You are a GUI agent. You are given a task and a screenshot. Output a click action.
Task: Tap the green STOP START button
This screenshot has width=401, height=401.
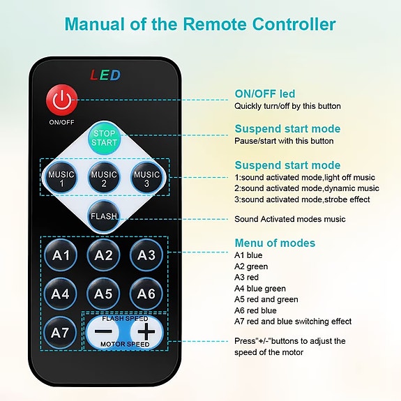[104, 138]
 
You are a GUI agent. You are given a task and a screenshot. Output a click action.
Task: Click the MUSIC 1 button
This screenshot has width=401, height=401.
[61, 179]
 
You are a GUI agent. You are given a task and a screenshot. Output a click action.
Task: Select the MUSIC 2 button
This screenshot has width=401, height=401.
[104, 179]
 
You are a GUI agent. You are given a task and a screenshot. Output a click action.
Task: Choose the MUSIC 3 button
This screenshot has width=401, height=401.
[146, 179]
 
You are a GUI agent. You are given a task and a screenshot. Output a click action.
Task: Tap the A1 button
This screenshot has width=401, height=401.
[61, 255]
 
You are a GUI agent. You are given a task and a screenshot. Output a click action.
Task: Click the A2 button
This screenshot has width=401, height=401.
[104, 255]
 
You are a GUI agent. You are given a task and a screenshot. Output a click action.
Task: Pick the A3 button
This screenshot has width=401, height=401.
[146, 255]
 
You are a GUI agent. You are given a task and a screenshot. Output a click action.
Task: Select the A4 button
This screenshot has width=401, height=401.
[61, 294]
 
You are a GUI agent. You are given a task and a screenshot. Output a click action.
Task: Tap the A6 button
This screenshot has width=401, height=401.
[146, 294]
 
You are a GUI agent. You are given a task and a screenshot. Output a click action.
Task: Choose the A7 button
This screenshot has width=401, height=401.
[61, 333]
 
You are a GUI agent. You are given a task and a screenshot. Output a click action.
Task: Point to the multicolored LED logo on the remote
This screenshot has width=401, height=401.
[105, 75]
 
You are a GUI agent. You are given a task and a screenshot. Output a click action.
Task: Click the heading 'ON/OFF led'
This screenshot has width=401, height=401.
[264, 94]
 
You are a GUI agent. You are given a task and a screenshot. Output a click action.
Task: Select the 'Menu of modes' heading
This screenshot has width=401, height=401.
[275, 243]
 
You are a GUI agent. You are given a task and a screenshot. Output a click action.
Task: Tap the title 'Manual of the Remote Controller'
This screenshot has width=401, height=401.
[200, 24]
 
